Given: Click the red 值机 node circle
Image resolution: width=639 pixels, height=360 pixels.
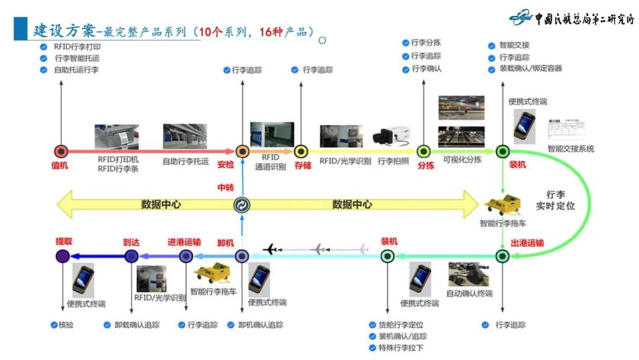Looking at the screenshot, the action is coord(60,152).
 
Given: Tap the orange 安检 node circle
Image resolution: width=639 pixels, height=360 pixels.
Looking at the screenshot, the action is coord(242,152).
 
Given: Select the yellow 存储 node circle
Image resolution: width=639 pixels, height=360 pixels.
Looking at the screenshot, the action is coord(301,152).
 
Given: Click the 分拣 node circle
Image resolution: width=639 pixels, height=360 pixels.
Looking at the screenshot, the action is coord(424,152).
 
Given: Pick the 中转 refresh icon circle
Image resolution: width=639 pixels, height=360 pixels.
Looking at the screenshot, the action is coord(242,205).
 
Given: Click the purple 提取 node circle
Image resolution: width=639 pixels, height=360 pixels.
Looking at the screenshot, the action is coord(62,256).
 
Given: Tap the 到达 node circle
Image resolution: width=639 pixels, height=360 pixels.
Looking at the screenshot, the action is coord(131,256).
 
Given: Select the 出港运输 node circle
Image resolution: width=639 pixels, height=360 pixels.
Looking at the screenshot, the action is coord(502,256).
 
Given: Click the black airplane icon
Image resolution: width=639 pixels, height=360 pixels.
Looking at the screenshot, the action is coord(272,249).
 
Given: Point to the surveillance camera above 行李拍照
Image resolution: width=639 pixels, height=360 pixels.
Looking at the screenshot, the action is coord(391,136).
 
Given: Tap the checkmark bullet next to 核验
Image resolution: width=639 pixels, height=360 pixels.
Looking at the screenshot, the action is coord(53,324).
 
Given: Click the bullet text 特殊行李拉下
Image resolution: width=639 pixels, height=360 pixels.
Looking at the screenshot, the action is coord(401,348).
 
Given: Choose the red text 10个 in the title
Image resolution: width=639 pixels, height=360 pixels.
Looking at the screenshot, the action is coord(210,31).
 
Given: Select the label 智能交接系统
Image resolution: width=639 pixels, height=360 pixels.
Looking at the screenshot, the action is coord(570,149).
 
